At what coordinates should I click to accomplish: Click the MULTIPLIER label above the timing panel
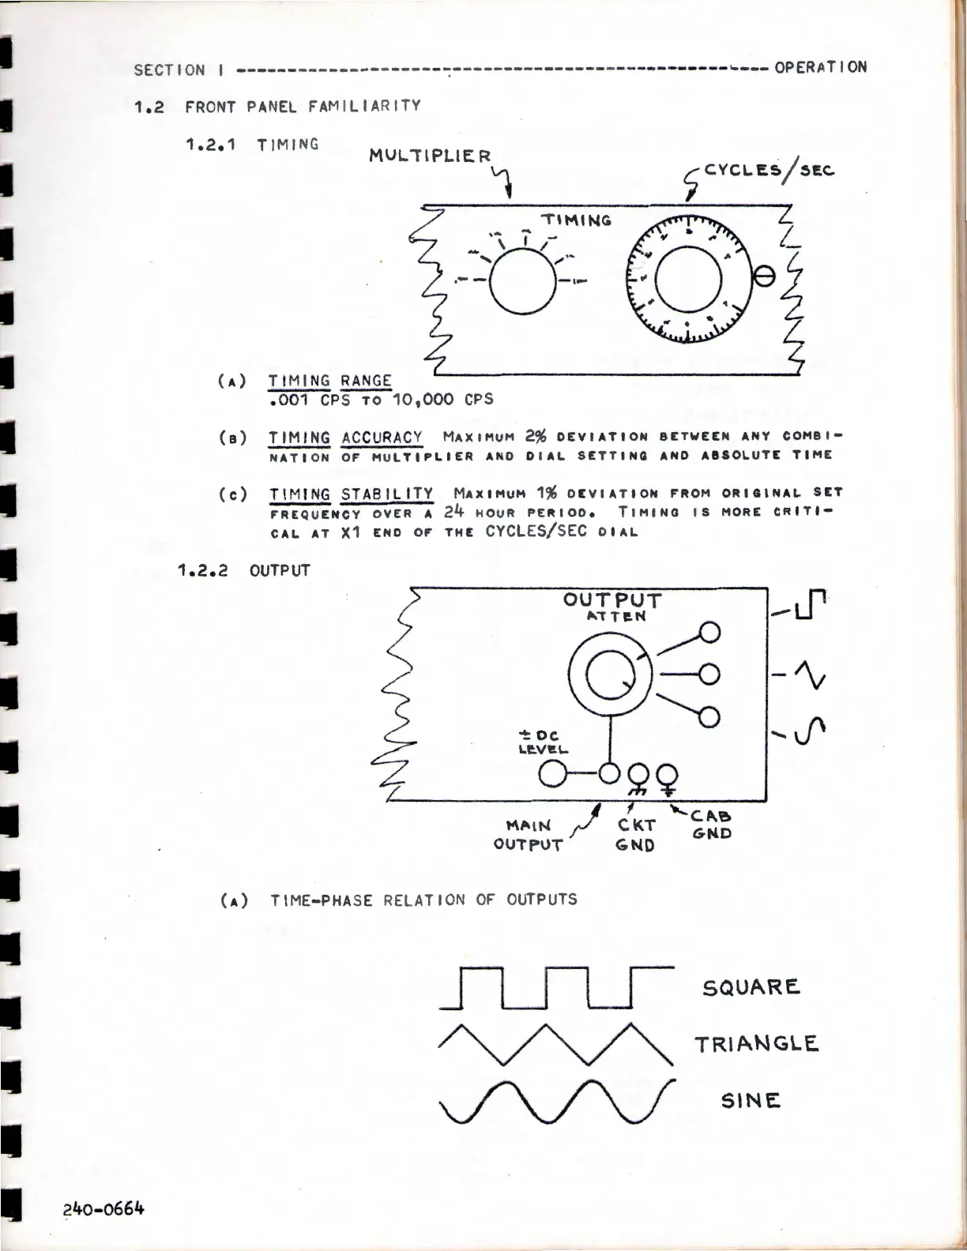tap(430, 156)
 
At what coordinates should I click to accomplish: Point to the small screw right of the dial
tap(764, 276)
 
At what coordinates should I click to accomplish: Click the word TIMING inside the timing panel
tap(575, 220)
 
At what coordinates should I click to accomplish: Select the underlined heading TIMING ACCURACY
tap(345, 438)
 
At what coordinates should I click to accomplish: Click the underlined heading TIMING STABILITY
tap(351, 494)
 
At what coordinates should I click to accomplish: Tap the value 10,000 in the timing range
tap(423, 399)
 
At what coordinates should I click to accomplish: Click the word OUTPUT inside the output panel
tap(612, 600)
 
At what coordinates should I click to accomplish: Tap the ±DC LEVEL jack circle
tap(552, 772)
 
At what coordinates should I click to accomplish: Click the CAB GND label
tap(712, 825)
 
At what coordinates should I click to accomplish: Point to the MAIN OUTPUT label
tap(528, 835)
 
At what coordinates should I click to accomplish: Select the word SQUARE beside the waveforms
tap(751, 987)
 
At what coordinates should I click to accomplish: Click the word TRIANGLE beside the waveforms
tap(756, 1044)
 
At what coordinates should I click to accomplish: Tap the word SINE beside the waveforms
tap(750, 1100)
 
